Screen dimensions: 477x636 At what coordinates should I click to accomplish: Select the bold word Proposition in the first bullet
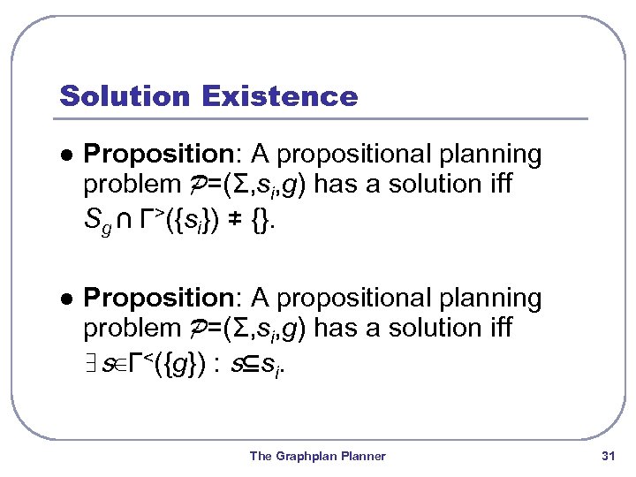pos(163,155)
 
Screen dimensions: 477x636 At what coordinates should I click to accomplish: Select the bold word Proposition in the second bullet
pos(163,299)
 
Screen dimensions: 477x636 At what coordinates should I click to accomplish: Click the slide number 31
pos(607,456)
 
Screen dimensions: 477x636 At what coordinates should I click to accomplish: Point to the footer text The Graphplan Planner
pos(317,456)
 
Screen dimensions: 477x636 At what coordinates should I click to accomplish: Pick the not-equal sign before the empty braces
pos(237,215)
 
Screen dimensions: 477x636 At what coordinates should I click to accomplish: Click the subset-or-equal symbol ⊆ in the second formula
pos(252,359)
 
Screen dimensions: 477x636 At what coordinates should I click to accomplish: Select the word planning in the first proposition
pos(491,155)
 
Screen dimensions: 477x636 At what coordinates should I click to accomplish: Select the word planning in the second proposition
pos(491,299)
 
